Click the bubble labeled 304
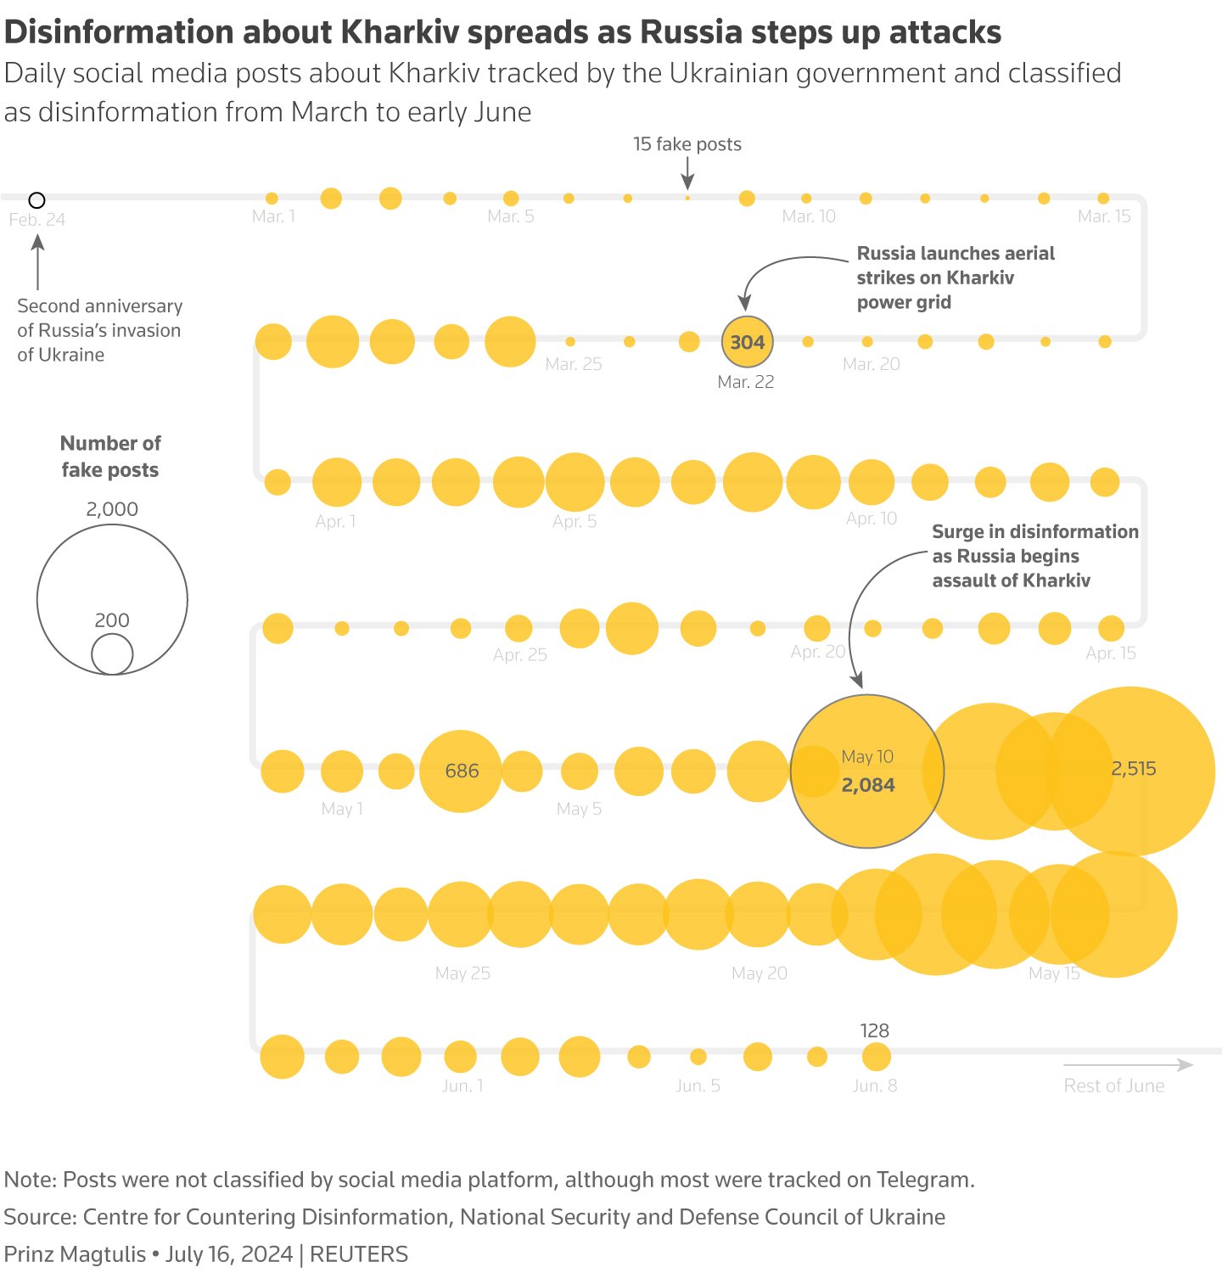tap(747, 342)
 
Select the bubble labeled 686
tap(461, 771)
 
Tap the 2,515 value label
tap(1134, 769)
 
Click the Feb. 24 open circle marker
tap(36, 200)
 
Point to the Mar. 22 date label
tap(745, 382)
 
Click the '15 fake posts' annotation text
tap(687, 144)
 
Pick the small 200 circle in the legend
tap(112, 654)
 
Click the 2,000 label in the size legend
tap(112, 509)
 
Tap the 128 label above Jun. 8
tap(874, 1030)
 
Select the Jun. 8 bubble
tap(876, 1057)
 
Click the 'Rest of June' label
tap(1113, 1085)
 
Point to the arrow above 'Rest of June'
tap(1128, 1065)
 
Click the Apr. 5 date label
tap(575, 521)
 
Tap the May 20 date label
tap(760, 973)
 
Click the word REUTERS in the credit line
tap(359, 1254)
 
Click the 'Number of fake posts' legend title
tap(110, 457)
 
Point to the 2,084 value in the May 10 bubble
tap(868, 785)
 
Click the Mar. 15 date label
tap(1104, 216)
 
